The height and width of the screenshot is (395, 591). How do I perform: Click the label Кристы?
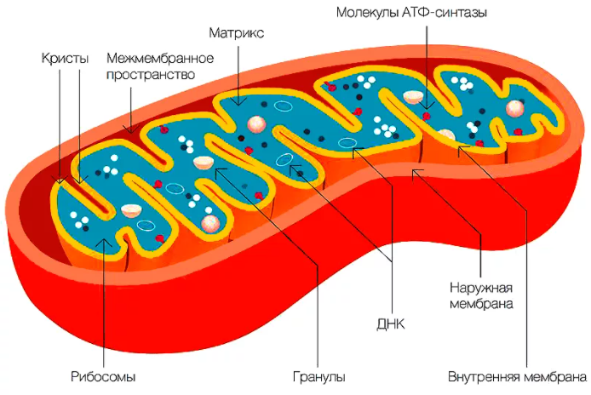click(65, 59)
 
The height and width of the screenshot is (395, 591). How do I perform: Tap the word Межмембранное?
click(160, 59)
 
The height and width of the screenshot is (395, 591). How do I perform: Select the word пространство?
click(151, 75)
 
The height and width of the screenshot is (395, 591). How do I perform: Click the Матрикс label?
click(237, 33)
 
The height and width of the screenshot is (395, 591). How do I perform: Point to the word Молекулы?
click(368, 13)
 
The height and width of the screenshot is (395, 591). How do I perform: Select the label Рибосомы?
click(103, 377)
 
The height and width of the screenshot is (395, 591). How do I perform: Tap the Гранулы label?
click(318, 377)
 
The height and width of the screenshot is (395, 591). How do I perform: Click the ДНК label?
click(391, 324)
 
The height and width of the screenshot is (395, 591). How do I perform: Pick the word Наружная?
click(481, 288)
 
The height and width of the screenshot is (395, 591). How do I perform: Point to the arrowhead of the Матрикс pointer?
click(238, 104)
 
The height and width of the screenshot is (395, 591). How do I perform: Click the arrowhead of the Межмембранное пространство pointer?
click(131, 132)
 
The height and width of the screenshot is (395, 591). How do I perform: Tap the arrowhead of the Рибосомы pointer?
click(104, 240)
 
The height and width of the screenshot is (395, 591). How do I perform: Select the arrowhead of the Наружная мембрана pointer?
click(413, 171)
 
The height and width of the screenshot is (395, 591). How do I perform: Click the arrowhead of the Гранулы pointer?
click(216, 169)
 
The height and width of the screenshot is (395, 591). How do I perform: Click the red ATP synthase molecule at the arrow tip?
click(427, 115)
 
